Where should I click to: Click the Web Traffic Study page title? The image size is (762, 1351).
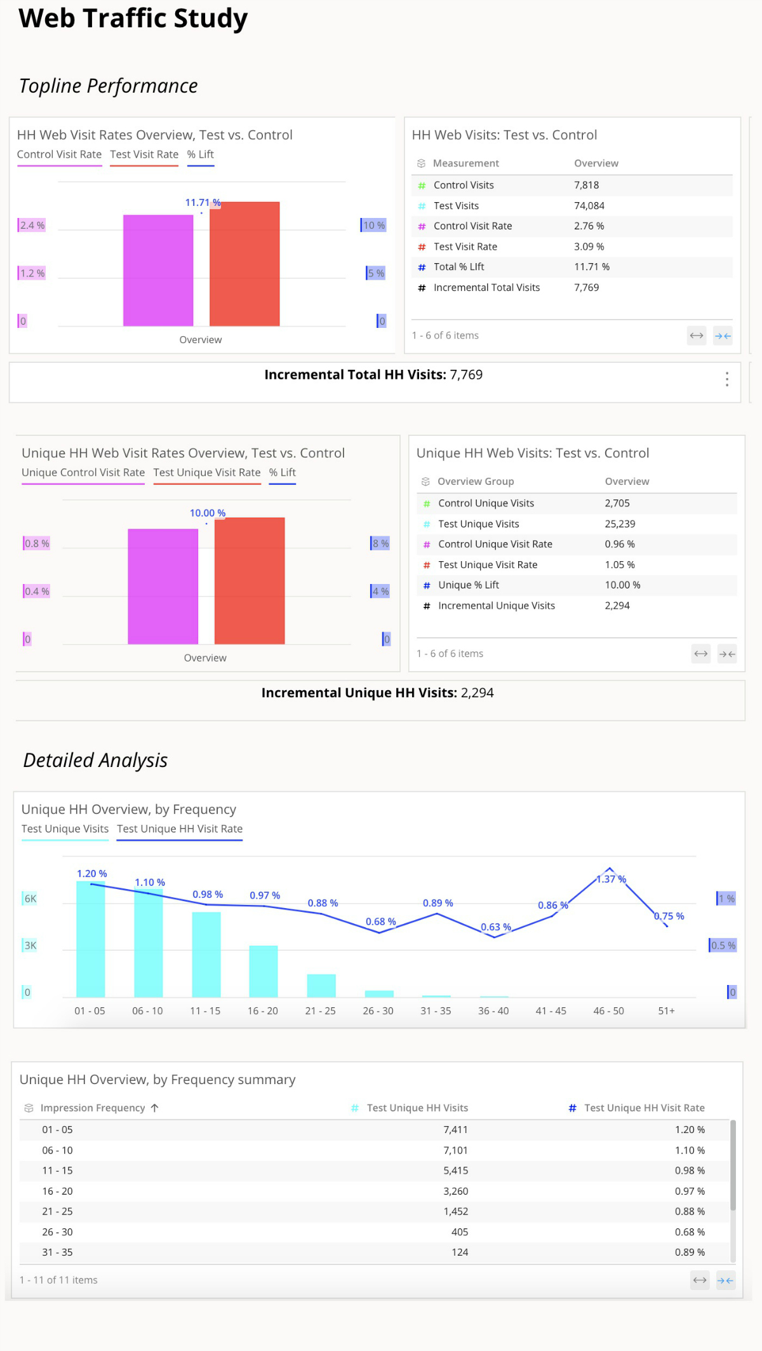coord(133,18)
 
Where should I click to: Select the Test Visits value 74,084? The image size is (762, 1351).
coord(589,206)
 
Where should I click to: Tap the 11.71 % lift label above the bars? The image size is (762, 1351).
coord(203,203)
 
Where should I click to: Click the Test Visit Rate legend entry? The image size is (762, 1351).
coord(144,154)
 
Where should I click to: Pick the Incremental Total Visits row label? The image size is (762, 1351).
coord(486,288)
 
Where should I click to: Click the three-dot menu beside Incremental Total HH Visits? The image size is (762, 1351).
coord(726,379)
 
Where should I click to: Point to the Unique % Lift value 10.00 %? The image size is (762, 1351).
coord(622,585)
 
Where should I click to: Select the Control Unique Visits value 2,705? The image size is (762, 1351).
coord(617,503)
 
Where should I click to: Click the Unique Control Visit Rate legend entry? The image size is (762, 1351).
coord(83,473)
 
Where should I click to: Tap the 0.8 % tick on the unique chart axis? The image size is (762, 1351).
coord(36,543)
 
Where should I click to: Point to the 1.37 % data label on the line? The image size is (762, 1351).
coord(611,879)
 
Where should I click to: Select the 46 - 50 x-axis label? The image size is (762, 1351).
coord(608,1011)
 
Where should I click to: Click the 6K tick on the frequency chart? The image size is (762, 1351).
coord(30,899)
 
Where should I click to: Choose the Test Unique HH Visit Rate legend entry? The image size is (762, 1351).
coord(180,829)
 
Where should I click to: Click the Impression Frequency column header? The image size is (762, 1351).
coord(93,1108)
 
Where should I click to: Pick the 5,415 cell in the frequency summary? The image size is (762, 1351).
coord(455,1171)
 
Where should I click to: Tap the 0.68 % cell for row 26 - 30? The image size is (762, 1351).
coord(689,1232)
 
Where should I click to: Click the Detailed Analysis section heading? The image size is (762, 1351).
coord(95,761)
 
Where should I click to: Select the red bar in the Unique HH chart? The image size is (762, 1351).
coord(250,581)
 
